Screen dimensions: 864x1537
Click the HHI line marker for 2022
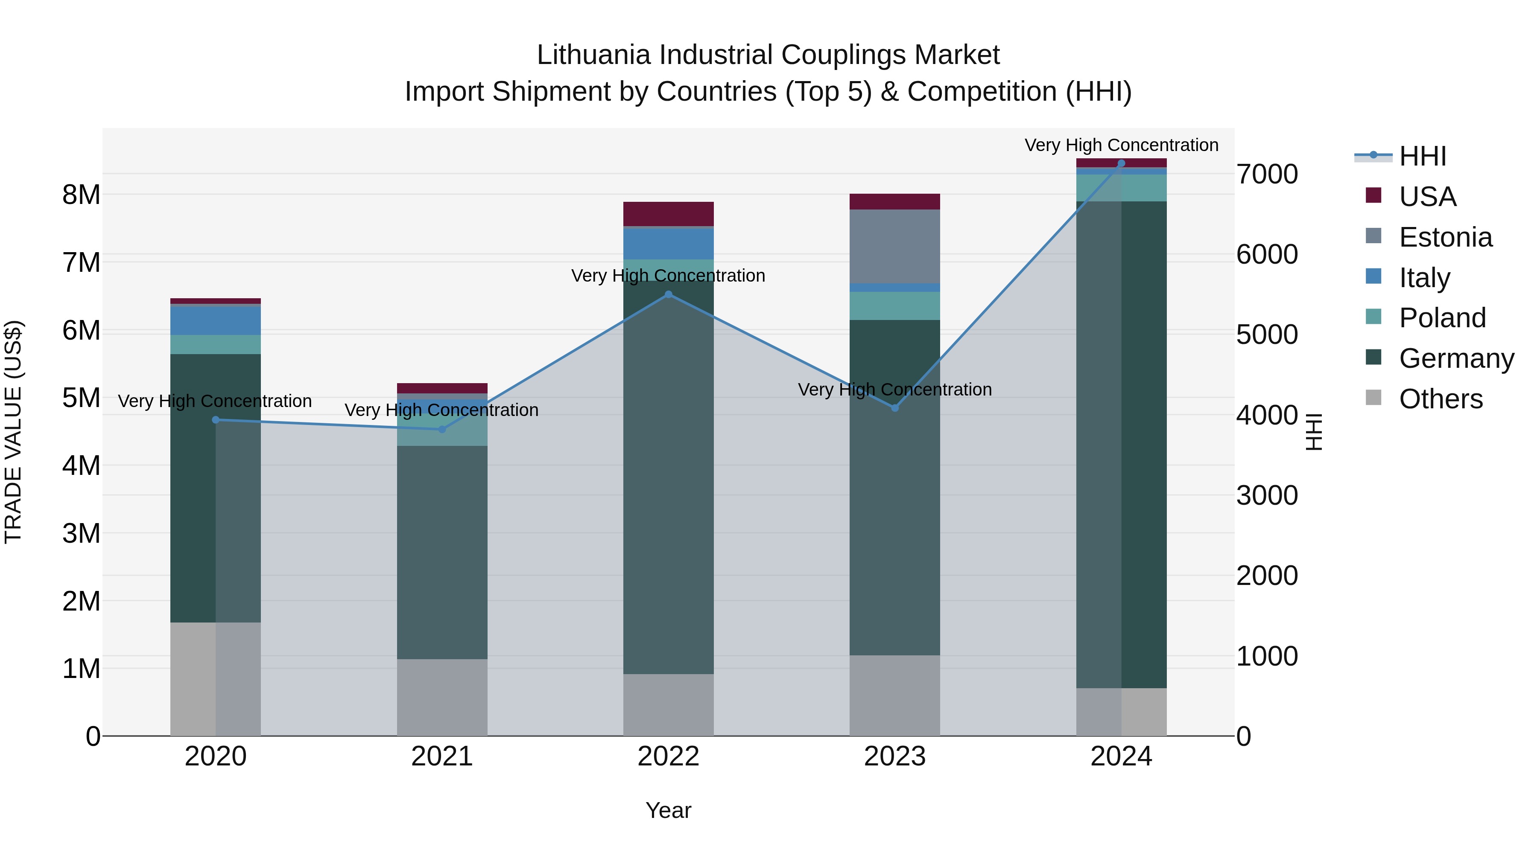point(668,294)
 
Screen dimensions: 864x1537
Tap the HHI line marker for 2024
point(1121,163)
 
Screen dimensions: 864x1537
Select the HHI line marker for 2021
point(442,429)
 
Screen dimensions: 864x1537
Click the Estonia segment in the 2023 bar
point(894,246)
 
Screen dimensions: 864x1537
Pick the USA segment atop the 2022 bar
point(668,213)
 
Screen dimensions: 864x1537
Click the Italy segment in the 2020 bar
point(216,320)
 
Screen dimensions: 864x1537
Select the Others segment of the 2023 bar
point(894,695)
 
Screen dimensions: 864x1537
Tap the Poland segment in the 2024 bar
point(1121,188)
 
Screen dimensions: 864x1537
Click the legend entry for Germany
point(1456,358)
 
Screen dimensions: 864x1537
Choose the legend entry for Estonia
point(1445,237)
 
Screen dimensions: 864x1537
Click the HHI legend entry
point(1422,156)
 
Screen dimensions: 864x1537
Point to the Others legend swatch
point(1373,398)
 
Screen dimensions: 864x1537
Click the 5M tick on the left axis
point(82,398)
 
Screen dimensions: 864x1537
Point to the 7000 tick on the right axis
point(1267,174)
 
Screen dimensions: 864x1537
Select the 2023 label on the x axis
point(894,756)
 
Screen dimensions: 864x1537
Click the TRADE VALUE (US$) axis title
point(14,432)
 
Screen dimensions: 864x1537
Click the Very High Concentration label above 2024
point(1121,145)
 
